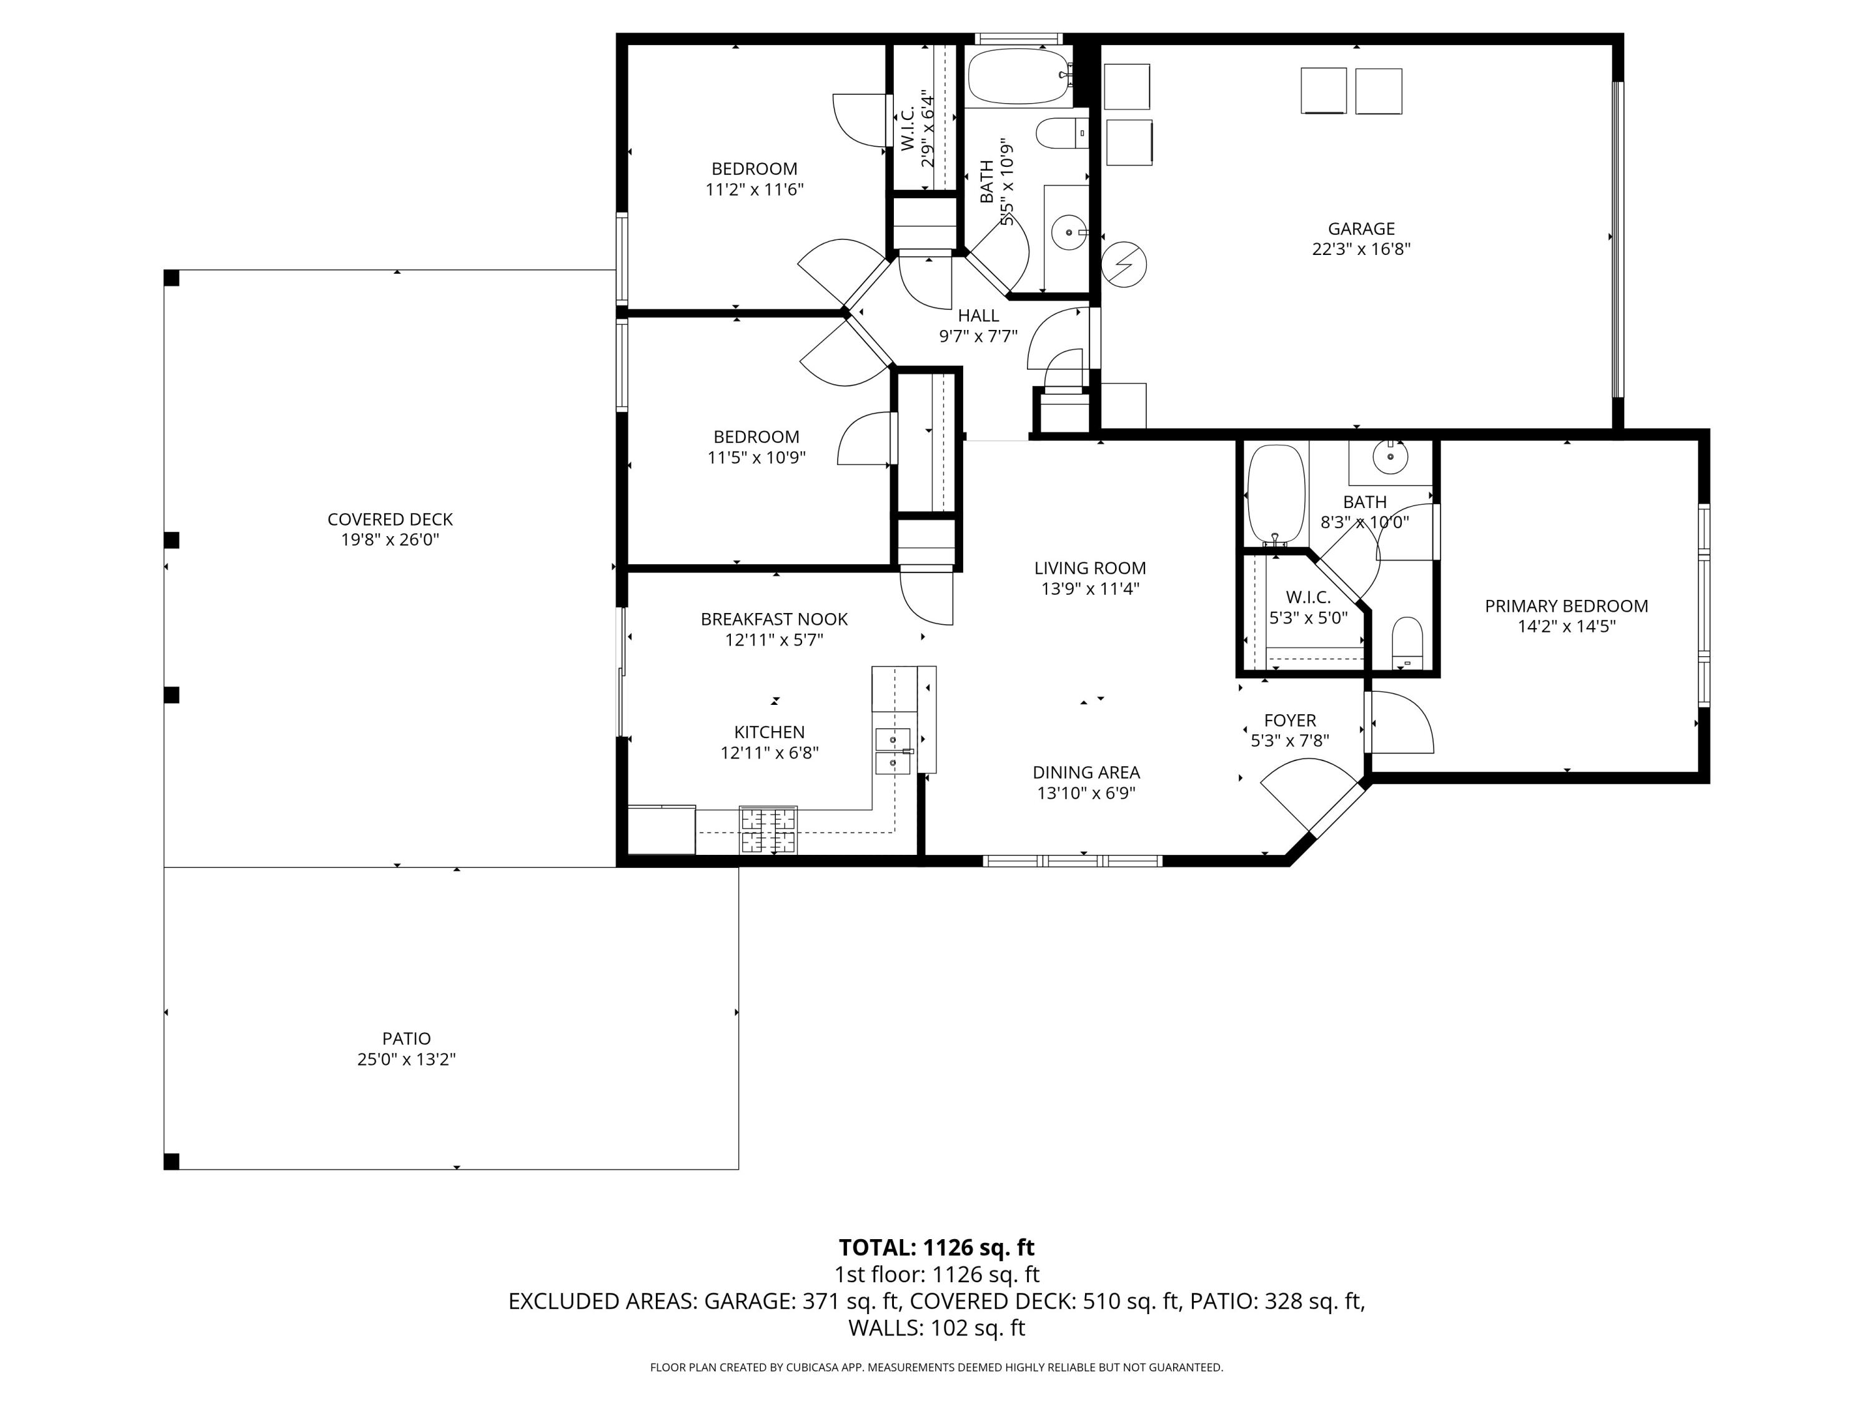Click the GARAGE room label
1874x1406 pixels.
(x=1361, y=229)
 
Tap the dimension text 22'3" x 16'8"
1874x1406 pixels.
(x=1361, y=250)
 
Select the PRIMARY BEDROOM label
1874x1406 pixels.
(x=1565, y=606)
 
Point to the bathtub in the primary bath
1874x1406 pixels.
(x=1276, y=494)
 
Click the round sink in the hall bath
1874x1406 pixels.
(x=1071, y=231)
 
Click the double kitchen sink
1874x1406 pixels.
(x=893, y=752)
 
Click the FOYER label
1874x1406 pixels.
(x=1289, y=720)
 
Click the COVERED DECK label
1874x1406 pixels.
(x=390, y=519)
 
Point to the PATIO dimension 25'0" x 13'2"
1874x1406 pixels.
(x=407, y=1059)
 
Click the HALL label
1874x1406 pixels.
(x=978, y=316)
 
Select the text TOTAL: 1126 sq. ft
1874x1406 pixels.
(x=936, y=1247)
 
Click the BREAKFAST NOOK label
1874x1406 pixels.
(x=773, y=619)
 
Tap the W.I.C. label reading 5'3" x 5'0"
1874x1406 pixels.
(x=1308, y=607)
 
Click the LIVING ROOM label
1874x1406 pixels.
(x=1089, y=569)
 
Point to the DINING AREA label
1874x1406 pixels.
(x=1086, y=773)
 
